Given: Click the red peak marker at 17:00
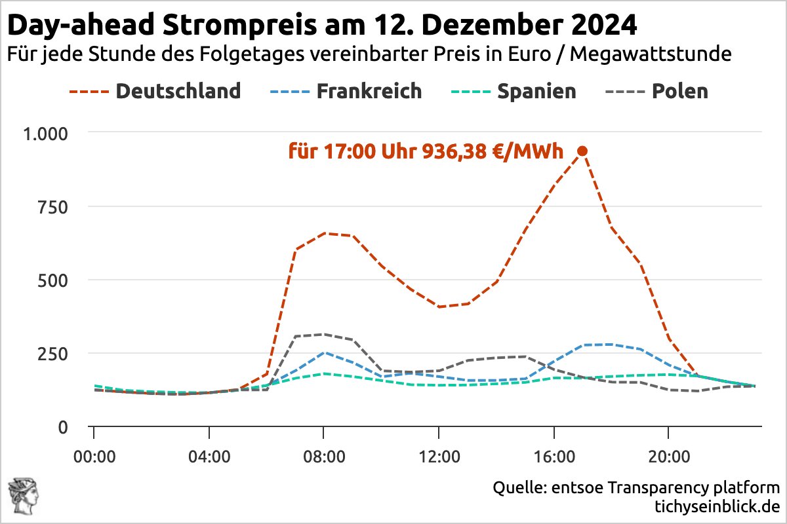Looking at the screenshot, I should click(x=582, y=151).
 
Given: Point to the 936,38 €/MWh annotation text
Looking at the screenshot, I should click(x=426, y=152).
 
